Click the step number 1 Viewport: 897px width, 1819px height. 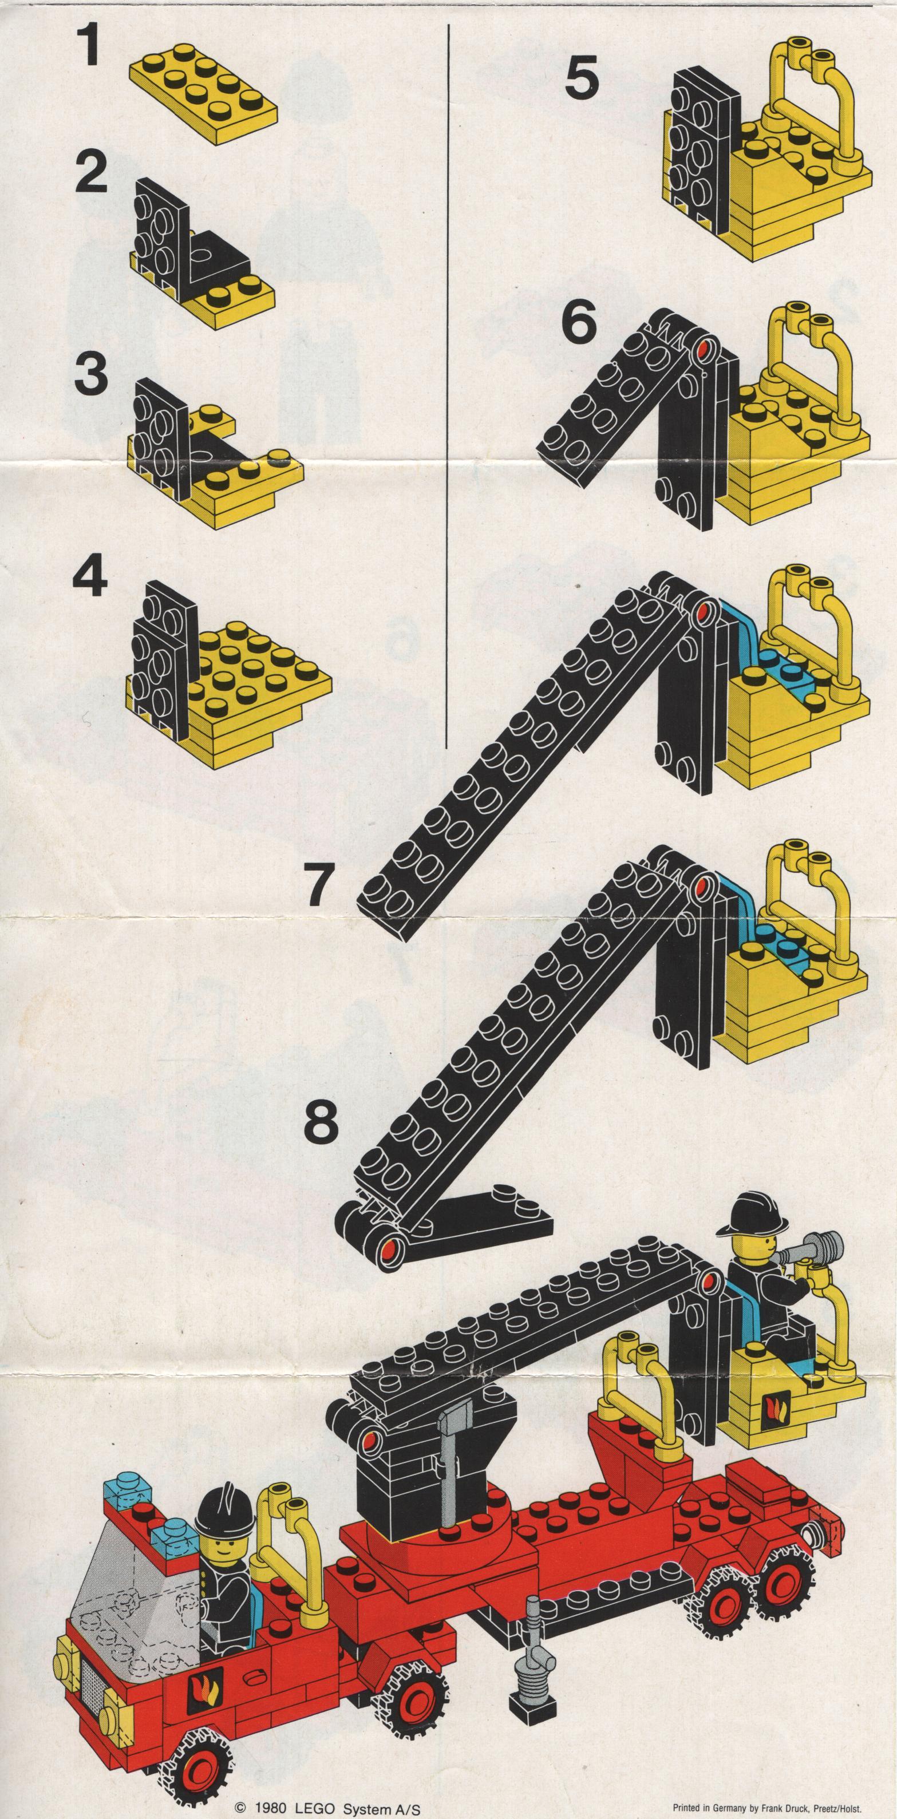tap(88, 45)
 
